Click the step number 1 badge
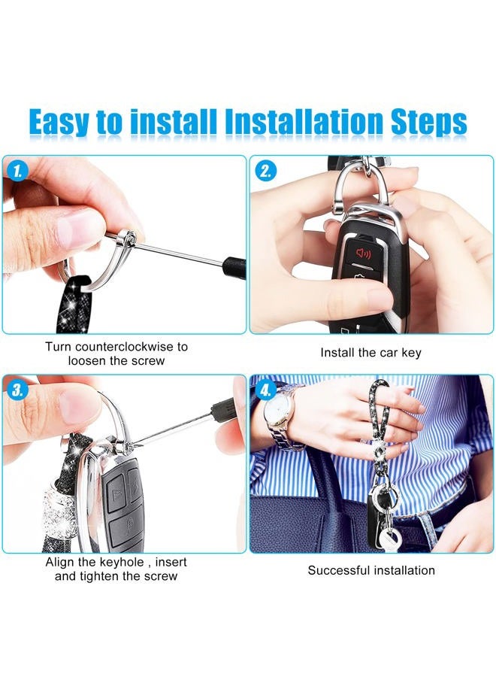(17, 172)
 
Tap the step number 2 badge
(265, 172)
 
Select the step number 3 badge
(17, 390)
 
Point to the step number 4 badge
(265, 390)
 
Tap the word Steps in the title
(428, 123)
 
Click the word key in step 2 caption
(411, 354)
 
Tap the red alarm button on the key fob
(363, 253)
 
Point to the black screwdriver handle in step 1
(235, 266)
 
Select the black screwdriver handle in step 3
(222, 410)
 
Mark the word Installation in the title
(304, 123)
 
